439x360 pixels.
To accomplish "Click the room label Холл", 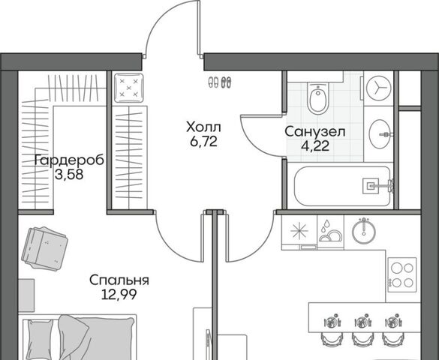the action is (x=203, y=127).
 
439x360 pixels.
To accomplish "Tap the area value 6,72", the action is (x=203, y=142).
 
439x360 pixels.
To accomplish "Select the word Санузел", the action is (x=315, y=132).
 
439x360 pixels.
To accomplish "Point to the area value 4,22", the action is (x=315, y=145).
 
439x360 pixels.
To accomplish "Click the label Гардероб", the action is (x=70, y=160).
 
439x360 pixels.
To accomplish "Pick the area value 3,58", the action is (x=69, y=175).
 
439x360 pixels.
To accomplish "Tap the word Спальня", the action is (x=119, y=280).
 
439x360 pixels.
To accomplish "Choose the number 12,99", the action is (x=119, y=294).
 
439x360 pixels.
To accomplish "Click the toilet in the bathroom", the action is (x=317, y=98).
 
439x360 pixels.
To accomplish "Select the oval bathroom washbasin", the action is (x=380, y=134).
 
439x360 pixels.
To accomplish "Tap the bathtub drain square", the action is (x=371, y=185).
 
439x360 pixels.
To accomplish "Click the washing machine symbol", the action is (x=379, y=88).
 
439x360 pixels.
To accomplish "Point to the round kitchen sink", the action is (x=364, y=231).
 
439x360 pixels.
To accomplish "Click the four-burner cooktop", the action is (x=402, y=275).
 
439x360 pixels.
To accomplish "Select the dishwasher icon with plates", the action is (x=330, y=231).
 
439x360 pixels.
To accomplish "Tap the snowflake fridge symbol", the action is (x=299, y=231).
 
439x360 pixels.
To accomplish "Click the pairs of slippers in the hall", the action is (x=220, y=82).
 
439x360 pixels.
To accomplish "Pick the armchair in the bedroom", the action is (x=44, y=248).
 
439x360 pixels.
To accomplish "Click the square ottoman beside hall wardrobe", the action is (x=129, y=88).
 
